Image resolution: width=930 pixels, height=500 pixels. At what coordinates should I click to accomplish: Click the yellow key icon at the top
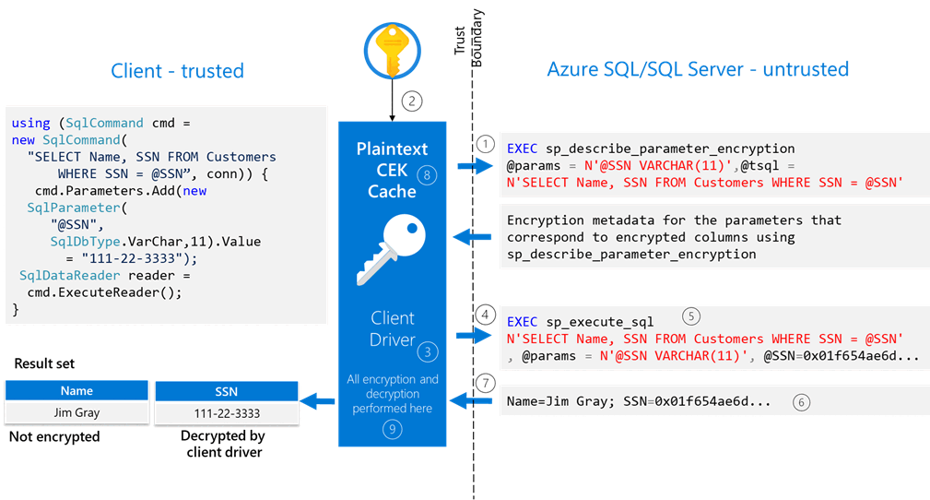click(391, 49)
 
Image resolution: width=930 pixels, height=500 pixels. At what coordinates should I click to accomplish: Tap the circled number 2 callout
click(413, 102)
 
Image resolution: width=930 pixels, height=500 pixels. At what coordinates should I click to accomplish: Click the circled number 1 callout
click(485, 144)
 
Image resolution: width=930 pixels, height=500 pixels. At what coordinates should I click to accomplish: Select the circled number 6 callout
click(802, 402)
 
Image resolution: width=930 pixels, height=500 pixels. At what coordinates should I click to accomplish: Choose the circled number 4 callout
click(486, 314)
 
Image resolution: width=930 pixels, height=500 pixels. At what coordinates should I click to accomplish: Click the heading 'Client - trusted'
click(177, 71)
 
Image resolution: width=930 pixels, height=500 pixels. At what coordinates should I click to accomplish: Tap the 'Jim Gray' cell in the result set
click(77, 412)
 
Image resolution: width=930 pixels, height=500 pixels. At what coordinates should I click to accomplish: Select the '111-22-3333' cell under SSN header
click(227, 412)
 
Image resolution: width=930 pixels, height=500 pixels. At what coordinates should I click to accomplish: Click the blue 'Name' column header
click(77, 390)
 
